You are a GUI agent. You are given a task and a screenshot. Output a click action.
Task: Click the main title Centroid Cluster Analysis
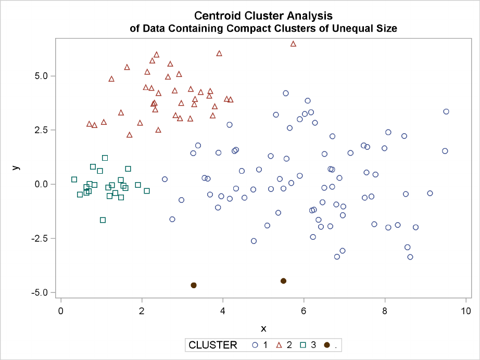point(263,16)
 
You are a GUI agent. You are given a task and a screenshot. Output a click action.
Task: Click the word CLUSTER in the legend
point(212,344)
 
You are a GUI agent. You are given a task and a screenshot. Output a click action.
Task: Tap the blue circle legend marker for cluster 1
point(255,345)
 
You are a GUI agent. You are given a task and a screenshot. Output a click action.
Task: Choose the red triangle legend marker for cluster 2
point(279,345)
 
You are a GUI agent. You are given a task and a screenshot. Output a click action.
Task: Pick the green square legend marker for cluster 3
point(303,345)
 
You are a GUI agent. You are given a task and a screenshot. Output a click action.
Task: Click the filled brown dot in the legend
point(327,345)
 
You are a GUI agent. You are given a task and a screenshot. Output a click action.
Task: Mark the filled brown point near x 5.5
point(284,281)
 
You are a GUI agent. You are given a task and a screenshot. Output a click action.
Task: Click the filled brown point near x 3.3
point(194,285)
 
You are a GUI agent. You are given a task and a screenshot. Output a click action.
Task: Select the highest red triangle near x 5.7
point(293,44)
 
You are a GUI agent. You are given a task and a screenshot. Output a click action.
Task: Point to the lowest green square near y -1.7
point(103,220)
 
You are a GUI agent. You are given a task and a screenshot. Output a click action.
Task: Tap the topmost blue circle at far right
point(446,111)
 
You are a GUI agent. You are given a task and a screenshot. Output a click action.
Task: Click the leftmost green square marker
point(74,179)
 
